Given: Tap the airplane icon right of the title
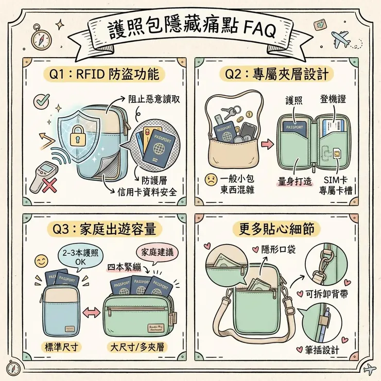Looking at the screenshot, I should (x=340, y=39).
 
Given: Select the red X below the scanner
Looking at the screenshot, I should (x=49, y=184).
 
